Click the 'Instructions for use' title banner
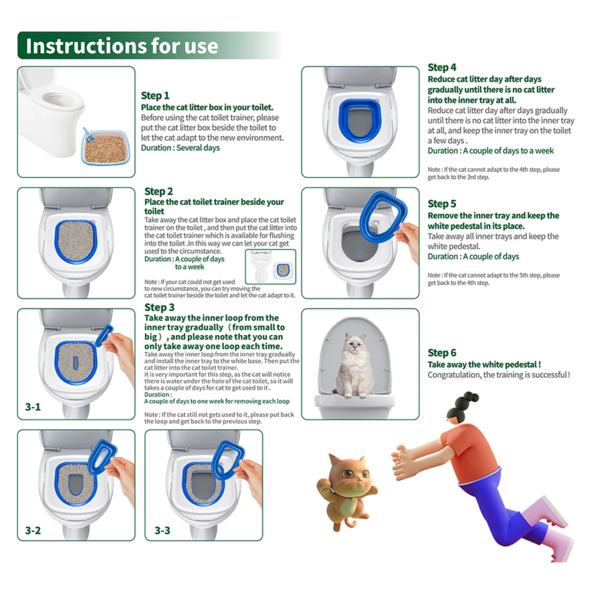[x=122, y=46]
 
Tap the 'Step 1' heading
[x=155, y=95]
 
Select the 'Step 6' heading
[x=442, y=353]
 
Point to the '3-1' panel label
[x=33, y=407]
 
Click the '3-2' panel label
[x=33, y=530]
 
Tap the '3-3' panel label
[x=162, y=530]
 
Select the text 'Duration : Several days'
[x=180, y=148]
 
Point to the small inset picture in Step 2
[x=270, y=267]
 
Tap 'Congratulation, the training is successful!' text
[x=499, y=375]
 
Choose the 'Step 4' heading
[x=442, y=67]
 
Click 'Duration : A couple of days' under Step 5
[x=473, y=257]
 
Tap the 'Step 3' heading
[x=159, y=307]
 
